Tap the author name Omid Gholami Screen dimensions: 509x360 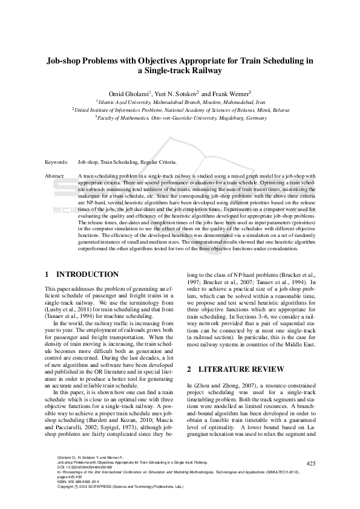pos(129,94)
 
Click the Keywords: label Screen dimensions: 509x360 pos(56,163)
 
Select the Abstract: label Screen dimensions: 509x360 pos(56,175)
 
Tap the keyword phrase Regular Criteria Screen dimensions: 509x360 pos(159,163)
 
